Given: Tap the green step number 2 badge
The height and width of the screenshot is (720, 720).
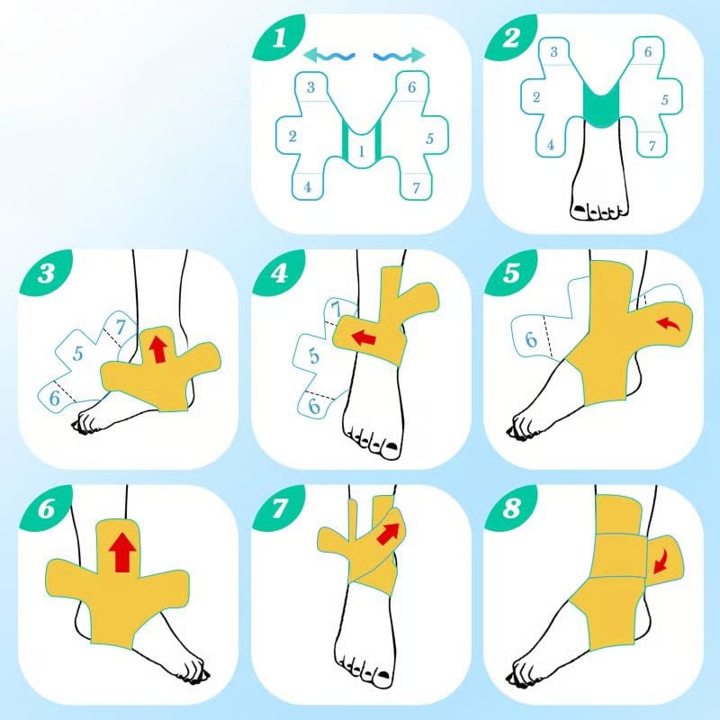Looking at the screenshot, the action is click(509, 37).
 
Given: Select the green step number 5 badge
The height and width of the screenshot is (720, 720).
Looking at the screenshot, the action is click(509, 273).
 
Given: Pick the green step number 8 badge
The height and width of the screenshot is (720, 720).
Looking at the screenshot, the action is click(509, 508).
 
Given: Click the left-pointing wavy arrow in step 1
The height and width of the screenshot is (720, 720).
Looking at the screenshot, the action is click(328, 56).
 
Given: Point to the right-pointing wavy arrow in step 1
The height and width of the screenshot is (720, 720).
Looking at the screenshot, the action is click(400, 56).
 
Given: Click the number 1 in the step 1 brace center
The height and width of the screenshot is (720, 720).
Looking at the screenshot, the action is click(362, 151).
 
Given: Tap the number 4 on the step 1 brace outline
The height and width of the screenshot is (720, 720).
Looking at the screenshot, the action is click(307, 187).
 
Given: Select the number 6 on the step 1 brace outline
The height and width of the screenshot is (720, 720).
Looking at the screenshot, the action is click(411, 87).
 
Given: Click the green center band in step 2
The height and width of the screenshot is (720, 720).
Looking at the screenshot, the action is click(601, 106).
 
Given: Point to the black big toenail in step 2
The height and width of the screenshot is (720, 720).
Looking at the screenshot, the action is click(580, 210).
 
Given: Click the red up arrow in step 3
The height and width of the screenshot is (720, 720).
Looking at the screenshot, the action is click(158, 348).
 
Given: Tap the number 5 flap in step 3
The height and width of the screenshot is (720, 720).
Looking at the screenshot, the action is click(78, 353).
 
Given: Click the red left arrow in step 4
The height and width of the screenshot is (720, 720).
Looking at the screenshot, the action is click(364, 337).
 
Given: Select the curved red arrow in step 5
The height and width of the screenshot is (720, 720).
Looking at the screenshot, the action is click(668, 324).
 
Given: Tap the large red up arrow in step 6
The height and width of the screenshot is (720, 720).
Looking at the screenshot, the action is click(122, 553).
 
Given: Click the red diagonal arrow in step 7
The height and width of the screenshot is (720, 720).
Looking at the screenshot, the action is click(388, 534).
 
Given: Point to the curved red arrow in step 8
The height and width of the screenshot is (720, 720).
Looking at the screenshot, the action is click(661, 562).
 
